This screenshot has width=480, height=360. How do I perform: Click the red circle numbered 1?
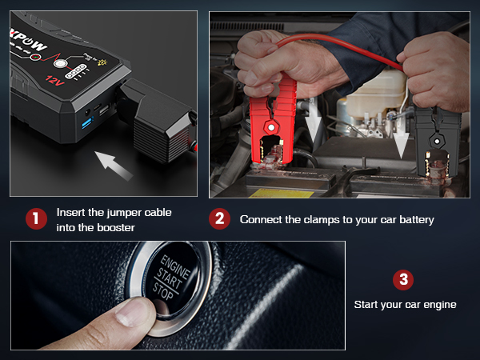coord(35,219)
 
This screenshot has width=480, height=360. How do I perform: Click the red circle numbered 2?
coord(218,219)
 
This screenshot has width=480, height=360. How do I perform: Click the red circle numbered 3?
coord(405,279)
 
